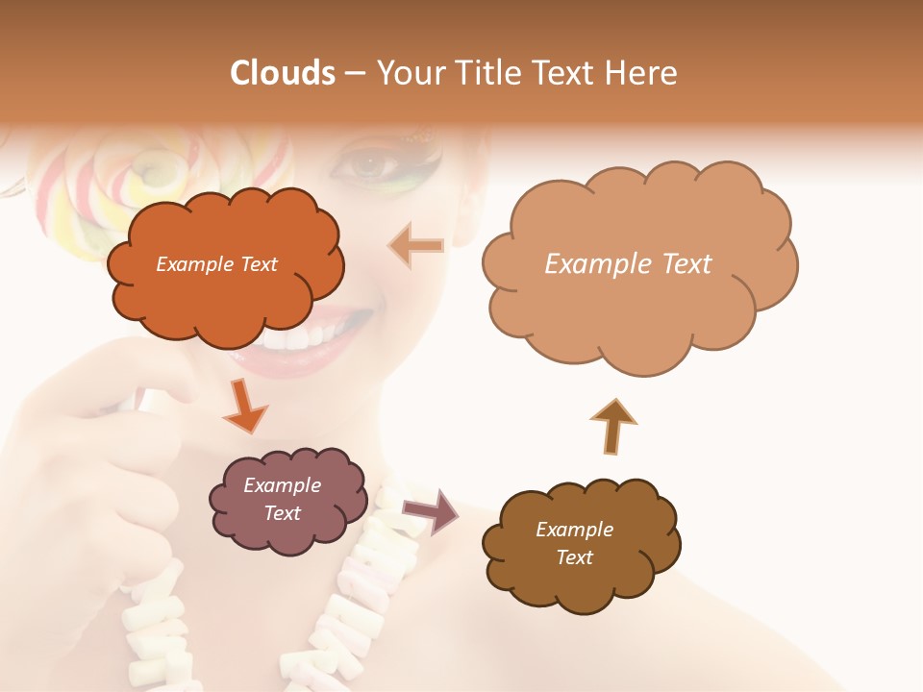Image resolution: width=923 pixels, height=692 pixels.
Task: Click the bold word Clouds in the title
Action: point(282,73)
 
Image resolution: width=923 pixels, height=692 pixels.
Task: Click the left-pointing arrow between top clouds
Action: point(416,245)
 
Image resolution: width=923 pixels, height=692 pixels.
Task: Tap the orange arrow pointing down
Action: point(244,406)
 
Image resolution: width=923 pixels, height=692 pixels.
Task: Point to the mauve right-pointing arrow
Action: point(432,510)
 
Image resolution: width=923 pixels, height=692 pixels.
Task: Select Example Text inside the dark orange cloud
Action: point(216,264)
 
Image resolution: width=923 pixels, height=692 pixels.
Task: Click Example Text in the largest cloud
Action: point(628,264)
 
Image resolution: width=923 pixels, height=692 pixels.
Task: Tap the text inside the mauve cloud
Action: point(283,500)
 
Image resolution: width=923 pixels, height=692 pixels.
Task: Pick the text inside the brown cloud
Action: point(574,543)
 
